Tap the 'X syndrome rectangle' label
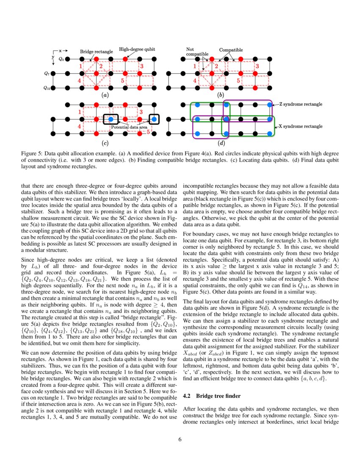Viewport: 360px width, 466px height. click(300, 126)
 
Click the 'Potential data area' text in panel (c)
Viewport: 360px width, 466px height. click(129, 127)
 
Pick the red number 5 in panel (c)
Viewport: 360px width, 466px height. click(148, 132)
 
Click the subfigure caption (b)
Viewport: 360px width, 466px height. click(221, 95)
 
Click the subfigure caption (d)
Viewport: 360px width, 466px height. click(221, 143)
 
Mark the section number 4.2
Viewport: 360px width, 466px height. click(187, 396)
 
